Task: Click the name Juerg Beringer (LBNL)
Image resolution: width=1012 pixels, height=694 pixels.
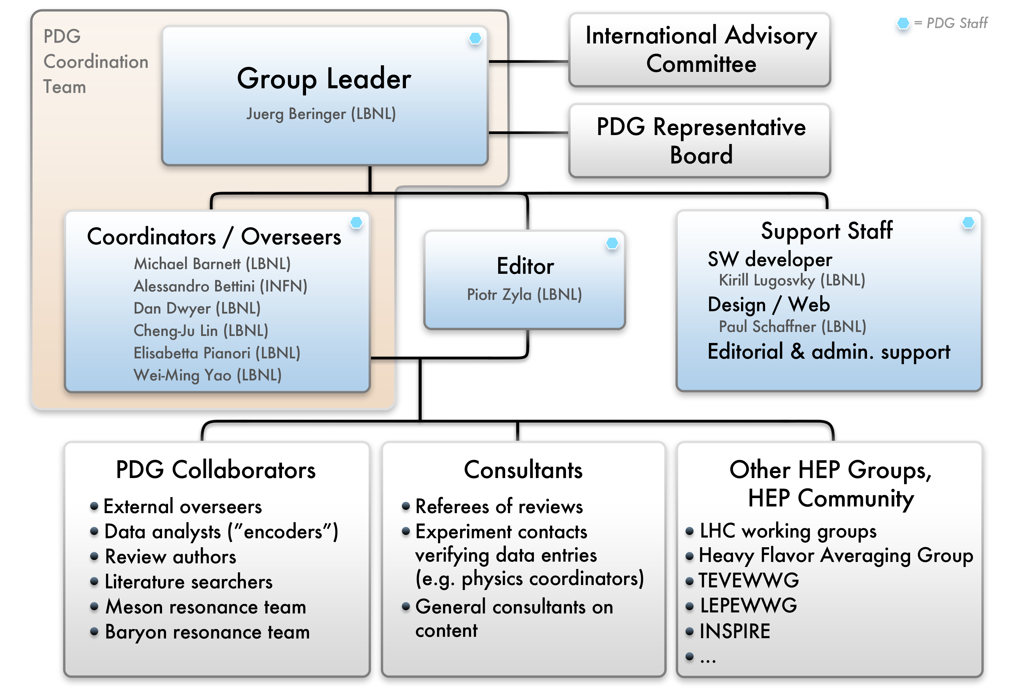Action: (321, 114)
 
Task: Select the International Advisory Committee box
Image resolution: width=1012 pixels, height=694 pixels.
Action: (700, 50)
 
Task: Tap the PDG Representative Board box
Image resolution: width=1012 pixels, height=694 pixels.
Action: (700, 141)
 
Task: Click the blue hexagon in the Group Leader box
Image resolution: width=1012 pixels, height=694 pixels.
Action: (475, 38)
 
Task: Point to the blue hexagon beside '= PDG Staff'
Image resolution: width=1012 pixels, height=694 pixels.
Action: (903, 23)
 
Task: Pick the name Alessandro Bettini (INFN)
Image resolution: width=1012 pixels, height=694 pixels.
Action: (220, 286)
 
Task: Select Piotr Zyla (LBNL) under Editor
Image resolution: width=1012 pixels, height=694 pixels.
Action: (524, 295)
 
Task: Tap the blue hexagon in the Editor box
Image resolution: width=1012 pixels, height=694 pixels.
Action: (612, 243)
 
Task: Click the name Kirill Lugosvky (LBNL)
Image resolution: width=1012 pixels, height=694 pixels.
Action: (792, 280)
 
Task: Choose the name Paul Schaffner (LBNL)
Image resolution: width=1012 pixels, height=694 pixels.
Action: (792, 327)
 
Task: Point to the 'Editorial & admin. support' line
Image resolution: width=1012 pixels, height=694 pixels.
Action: (829, 352)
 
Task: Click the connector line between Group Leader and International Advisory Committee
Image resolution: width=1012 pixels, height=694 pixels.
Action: (529, 62)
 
